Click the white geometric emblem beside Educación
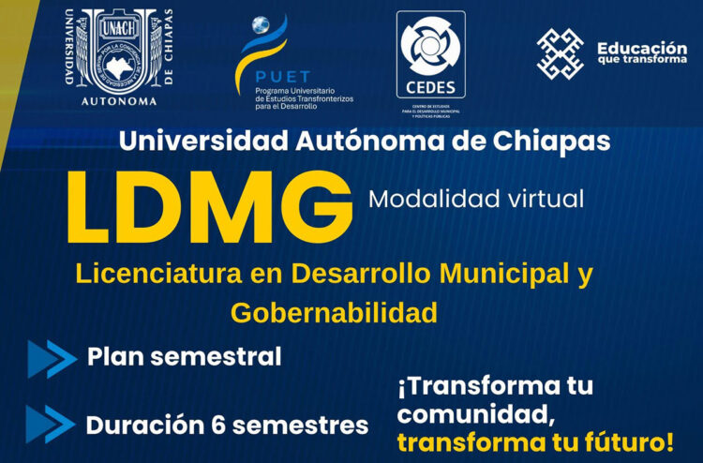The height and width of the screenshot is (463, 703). pyautogui.click(x=560, y=53)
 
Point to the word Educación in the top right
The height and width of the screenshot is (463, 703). pyautogui.click(x=641, y=47)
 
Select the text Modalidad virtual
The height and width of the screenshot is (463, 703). pyautogui.click(x=475, y=199)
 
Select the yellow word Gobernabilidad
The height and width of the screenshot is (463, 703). pyautogui.click(x=334, y=313)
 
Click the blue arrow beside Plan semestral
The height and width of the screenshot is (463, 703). pyautogui.click(x=52, y=358)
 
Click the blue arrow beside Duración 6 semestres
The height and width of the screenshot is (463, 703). pyautogui.click(x=52, y=424)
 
